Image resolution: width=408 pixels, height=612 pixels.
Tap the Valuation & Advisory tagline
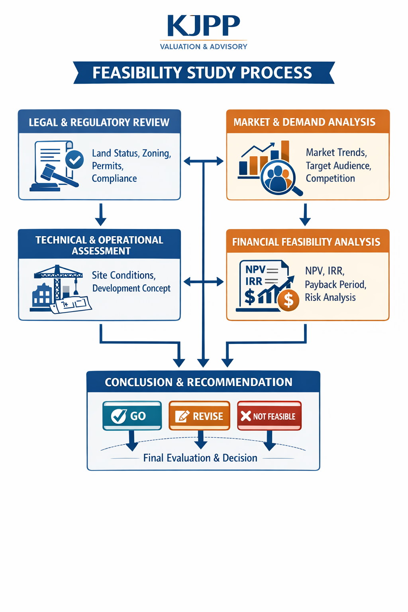204,47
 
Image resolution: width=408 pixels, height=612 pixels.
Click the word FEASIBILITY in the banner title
137,73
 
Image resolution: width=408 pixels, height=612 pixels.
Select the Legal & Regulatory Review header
99,122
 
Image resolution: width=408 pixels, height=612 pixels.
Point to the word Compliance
114,178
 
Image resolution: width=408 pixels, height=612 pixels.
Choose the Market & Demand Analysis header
304,122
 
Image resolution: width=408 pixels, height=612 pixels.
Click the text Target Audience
338,166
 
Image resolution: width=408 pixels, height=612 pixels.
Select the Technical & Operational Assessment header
99,245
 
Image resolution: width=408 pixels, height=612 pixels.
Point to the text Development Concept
131,288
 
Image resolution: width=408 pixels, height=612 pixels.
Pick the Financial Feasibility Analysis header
306,242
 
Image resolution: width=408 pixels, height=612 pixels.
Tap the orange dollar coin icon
288,300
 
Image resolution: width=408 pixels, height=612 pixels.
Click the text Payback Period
335,284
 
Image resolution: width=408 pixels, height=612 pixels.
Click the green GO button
132,416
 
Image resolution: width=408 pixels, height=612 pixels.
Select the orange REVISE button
199,416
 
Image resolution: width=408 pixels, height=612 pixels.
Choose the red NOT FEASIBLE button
269,416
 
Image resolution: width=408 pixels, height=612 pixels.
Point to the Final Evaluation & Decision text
200,458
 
